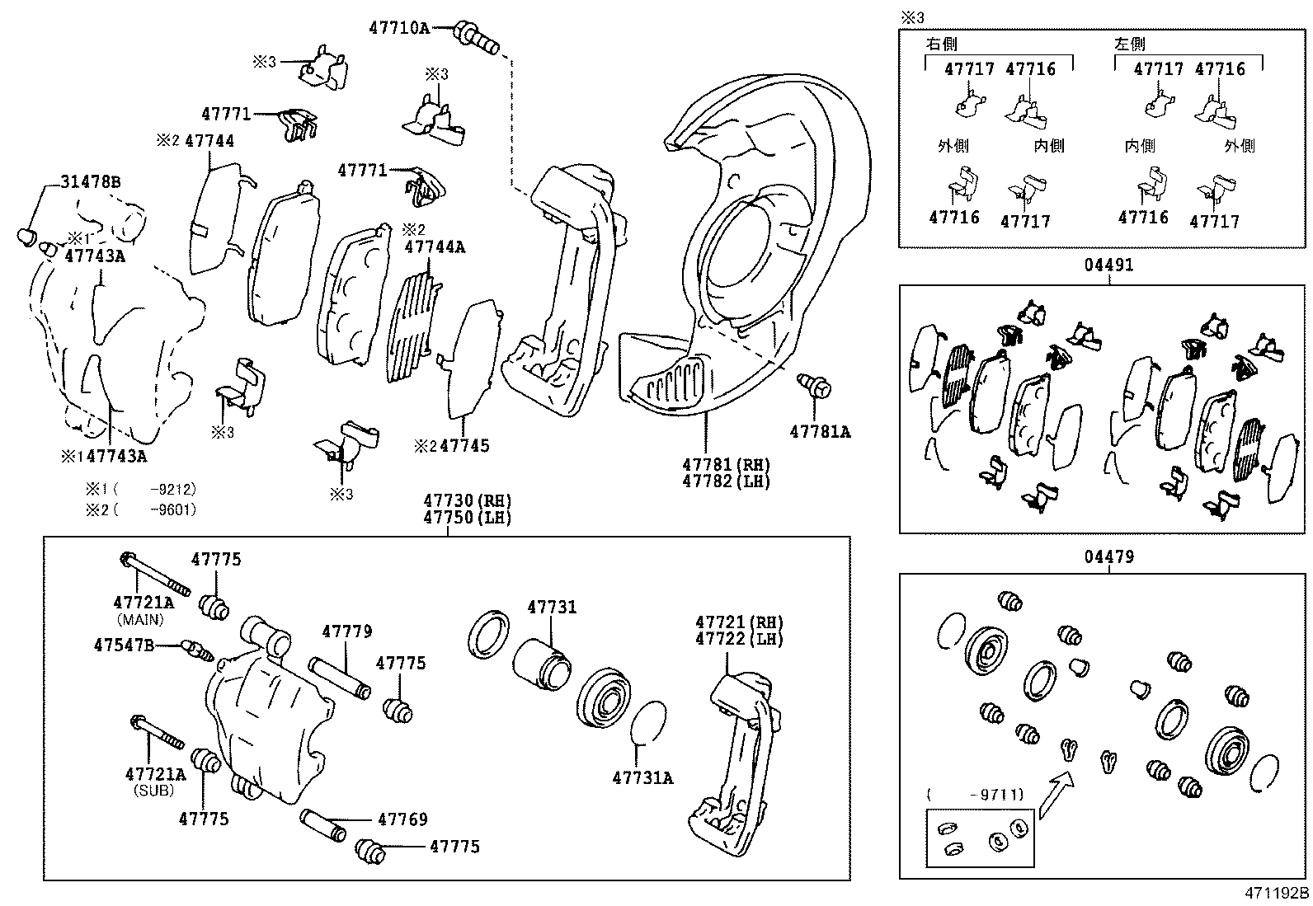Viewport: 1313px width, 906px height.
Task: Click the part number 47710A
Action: [x=398, y=28]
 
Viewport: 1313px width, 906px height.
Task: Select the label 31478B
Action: [x=90, y=182]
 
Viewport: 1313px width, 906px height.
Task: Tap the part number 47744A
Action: [x=435, y=246]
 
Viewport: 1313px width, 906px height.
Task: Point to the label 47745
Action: [x=464, y=446]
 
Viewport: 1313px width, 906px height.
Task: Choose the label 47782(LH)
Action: [x=726, y=481]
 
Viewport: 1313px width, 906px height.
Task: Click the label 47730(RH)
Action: [x=467, y=500]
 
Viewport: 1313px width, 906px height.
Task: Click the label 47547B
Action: [x=124, y=645]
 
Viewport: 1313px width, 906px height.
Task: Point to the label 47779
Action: [x=346, y=631]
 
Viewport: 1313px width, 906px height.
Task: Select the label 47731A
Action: [x=642, y=777]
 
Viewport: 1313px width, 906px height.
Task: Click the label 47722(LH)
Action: [x=739, y=639]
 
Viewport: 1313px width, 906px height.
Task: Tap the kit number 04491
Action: [x=1108, y=265]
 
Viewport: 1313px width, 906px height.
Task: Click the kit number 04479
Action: [x=1108, y=557]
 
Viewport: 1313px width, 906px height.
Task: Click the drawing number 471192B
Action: [x=1277, y=893]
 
